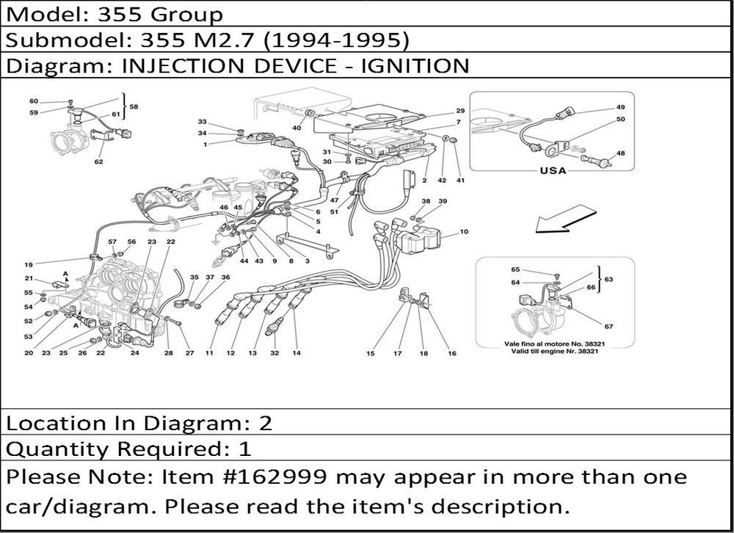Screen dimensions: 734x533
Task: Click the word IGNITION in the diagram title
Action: click(415, 65)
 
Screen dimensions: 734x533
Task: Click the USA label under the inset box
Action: click(553, 170)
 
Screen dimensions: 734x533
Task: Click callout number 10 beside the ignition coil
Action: click(464, 231)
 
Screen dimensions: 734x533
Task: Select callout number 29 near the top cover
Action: click(460, 111)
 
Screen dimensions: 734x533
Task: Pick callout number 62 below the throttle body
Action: click(99, 162)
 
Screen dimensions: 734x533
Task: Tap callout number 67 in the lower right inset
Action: click(608, 327)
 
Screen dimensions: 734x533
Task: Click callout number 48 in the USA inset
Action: click(620, 153)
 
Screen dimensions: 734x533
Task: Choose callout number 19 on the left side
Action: click(29, 264)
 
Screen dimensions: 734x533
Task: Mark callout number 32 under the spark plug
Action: click(275, 353)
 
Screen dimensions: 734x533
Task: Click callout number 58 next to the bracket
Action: click(134, 106)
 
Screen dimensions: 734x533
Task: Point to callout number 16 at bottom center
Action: click(451, 353)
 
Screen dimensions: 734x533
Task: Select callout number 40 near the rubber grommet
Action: click(297, 128)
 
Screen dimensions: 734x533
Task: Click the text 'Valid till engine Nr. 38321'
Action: click(555, 351)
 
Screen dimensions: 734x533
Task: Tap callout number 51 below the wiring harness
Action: click(334, 211)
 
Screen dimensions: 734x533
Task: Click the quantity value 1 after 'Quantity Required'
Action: click(245, 449)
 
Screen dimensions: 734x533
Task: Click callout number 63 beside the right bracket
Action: click(608, 280)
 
